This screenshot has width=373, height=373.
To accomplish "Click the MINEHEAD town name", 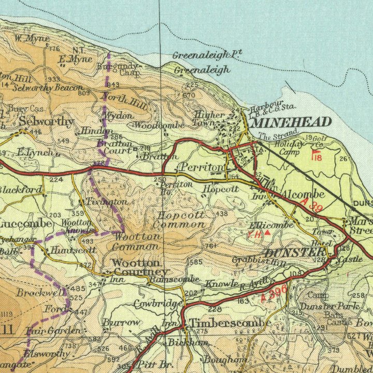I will [291, 122].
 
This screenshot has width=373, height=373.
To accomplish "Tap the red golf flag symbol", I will [314, 154].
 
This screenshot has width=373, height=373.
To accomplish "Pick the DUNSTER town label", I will [294, 253].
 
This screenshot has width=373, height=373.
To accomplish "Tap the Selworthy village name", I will [46, 122].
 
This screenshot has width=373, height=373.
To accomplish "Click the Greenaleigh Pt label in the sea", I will [207, 54].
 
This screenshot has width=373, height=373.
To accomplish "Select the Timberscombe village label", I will [230, 323].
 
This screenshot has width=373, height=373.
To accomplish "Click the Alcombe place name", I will [303, 194].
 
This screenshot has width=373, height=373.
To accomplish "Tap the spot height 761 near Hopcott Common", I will [210, 246].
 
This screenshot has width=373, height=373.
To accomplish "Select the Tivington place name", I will [106, 201].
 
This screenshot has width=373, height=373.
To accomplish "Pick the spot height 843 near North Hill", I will [113, 84].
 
